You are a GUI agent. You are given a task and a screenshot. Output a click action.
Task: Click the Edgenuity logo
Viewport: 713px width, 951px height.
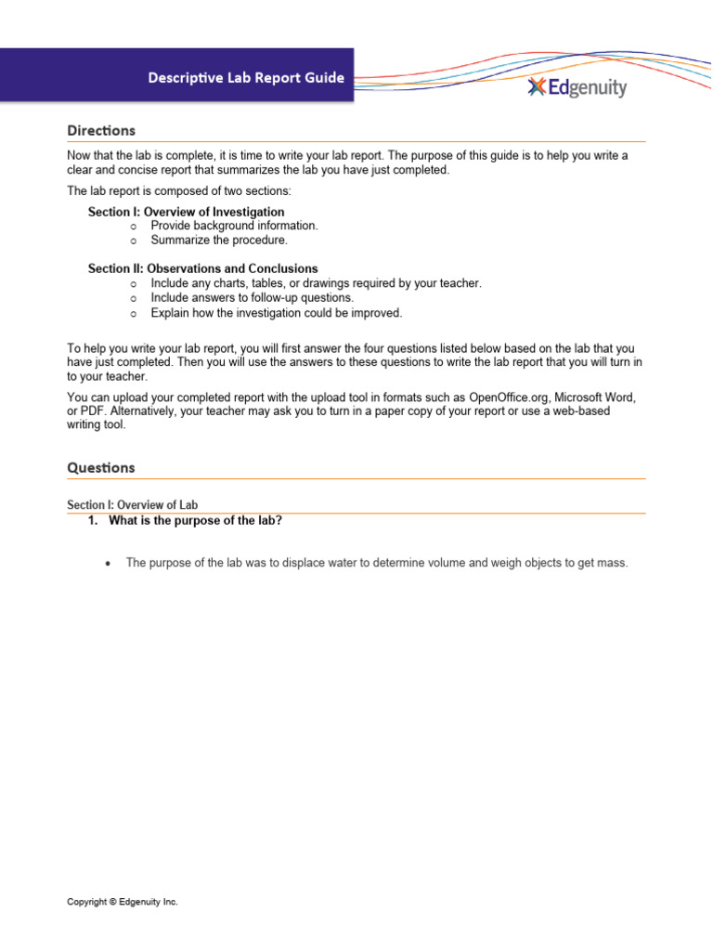(577, 87)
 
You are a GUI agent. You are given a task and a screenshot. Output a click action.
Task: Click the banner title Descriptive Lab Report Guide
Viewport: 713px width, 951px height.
(246, 78)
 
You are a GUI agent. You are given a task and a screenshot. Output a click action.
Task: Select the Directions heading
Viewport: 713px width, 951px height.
(101, 130)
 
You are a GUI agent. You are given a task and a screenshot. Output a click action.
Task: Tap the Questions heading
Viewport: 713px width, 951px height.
(101, 468)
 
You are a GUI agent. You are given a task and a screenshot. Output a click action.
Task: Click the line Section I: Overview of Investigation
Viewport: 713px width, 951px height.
(186, 212)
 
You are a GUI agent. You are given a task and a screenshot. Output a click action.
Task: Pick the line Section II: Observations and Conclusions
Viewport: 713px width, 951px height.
(202, 268)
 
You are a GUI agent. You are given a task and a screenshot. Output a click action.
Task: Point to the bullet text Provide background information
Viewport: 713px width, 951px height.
(234, 226)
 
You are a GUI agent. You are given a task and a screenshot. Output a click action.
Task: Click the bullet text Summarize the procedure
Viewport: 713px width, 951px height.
(219, 240)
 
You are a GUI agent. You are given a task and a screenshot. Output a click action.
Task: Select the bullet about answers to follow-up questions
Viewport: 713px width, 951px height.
(252, 298)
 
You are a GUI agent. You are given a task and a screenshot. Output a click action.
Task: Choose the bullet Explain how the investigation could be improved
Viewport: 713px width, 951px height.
(277, 313)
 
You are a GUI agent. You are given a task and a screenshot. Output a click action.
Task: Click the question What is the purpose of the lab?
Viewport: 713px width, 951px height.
(195, 521)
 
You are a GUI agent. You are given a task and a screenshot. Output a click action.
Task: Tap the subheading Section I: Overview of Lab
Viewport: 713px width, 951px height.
(133, 505)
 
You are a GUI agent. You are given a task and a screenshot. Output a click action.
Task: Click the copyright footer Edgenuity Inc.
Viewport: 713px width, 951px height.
(123, 902)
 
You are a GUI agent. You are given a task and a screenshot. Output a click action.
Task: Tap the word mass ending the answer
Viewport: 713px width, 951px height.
(614, 563)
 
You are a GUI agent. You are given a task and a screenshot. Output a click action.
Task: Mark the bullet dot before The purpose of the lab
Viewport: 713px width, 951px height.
(110, 563)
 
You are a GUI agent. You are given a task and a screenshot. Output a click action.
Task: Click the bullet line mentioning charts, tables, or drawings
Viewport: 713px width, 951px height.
(316, 283)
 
